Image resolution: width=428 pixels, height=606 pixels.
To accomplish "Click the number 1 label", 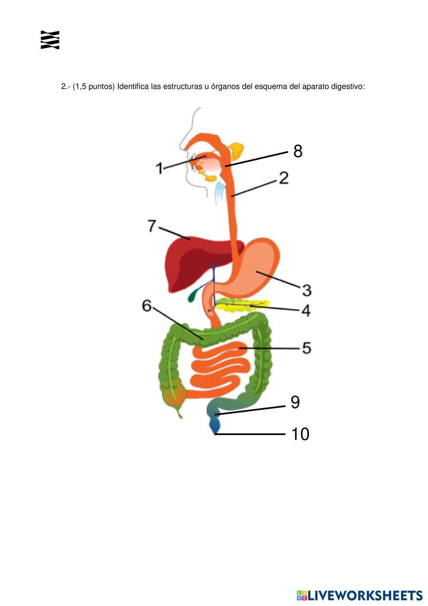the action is [159, 168].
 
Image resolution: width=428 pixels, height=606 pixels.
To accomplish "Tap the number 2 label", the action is [284, 178].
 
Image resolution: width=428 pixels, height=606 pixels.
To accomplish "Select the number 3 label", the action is [306, 290].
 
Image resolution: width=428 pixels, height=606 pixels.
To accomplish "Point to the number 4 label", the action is [306, 310].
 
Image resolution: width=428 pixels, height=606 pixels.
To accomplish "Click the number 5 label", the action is [306, 348].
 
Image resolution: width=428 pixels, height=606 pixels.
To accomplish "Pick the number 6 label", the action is [147, 306].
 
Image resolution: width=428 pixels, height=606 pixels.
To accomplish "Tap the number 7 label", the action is [152, 226].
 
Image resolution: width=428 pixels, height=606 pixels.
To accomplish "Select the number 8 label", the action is [298, 151].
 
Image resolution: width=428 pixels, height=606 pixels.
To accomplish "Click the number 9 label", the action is [295, 402].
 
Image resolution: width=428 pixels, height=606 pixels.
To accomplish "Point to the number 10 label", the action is [300, 434].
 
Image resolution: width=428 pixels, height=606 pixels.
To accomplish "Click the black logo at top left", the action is [50, 40].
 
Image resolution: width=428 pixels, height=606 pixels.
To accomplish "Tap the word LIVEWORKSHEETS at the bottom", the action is [365, 595].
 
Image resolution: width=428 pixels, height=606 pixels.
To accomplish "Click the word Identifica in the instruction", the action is [133, 87].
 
